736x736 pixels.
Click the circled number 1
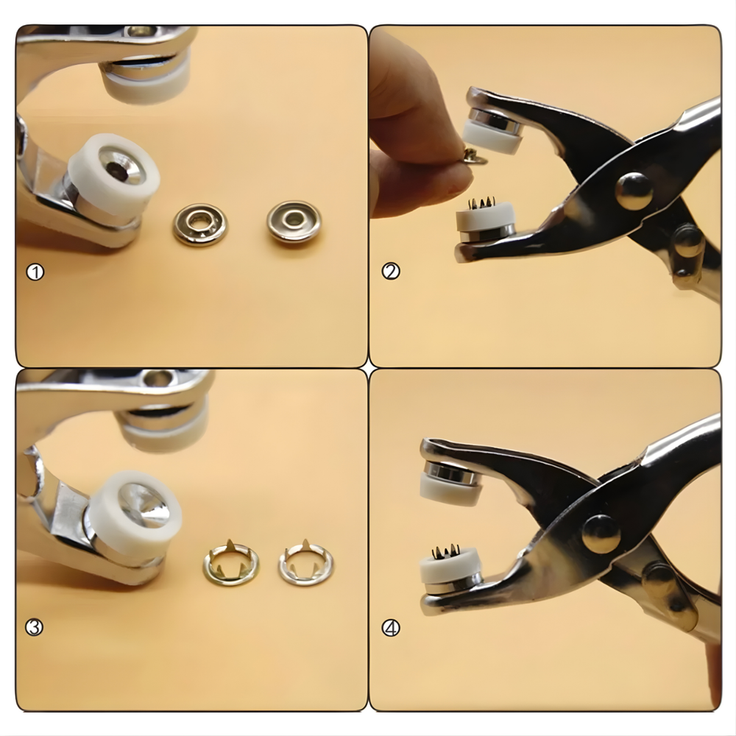[35, 272]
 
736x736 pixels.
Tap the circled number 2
[391, 271]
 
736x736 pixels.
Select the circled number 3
[34, 627]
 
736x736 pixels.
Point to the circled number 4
[391, 628]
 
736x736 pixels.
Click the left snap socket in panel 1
[200, 224]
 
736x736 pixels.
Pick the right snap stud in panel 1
[294, 221]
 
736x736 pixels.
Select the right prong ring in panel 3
[305, 562]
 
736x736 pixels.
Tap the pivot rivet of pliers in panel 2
[633, 191]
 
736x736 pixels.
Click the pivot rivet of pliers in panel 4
[601, 533]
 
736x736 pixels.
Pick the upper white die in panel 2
[491, 137]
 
